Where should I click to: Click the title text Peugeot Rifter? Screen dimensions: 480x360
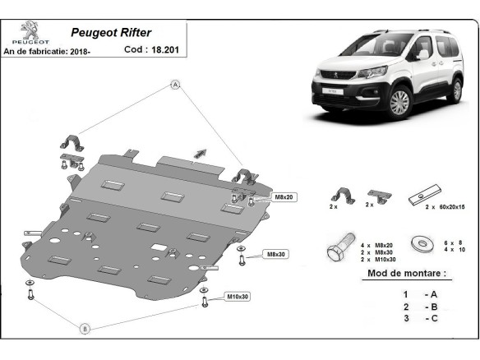(111, 32)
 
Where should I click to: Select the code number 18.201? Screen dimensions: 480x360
(165, 49)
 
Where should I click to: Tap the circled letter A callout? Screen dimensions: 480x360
(175, 85)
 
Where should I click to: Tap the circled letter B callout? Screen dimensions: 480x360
(85, 329)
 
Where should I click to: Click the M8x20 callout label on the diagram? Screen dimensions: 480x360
(284, 197)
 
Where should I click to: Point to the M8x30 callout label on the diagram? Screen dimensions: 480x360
(276, 254)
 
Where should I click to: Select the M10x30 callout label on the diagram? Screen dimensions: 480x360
(238, 297)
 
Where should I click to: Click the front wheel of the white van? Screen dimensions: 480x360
(399, 103)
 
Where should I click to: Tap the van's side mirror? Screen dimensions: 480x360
(422, 54)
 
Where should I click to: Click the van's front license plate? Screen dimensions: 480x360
(332, 91)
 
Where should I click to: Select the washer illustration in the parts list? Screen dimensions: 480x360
(422, 244)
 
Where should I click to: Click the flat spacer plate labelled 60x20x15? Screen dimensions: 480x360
(425, 195)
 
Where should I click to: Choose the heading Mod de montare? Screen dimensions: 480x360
(407, 273)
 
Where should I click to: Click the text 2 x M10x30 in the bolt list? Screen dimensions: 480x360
(378, 260)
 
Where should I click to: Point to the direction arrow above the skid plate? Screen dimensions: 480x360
(201, 154)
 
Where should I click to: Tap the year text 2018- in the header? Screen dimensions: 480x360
(81, 52)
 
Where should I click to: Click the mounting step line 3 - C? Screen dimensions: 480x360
(420, 318)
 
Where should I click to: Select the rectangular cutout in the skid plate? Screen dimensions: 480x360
(159, 247)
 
